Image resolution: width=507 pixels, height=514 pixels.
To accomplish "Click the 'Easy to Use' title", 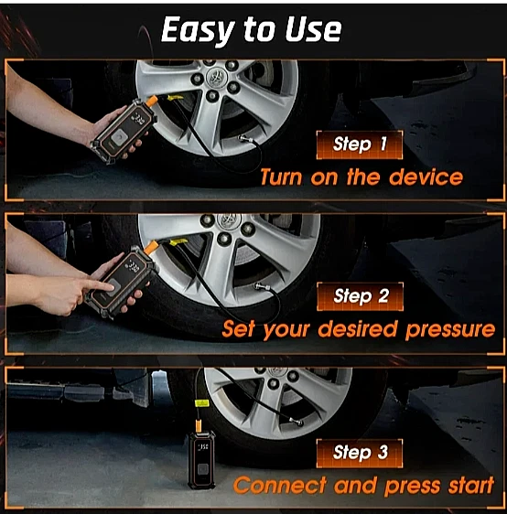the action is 251,30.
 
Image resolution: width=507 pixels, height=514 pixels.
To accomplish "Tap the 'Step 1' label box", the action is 360,145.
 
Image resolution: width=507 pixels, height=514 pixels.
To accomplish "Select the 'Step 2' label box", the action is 360,296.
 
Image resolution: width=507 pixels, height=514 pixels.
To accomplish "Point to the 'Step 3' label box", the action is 360,454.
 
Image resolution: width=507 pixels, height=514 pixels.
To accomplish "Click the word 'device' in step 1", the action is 426,177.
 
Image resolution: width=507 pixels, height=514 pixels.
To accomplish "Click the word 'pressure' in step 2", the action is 450,330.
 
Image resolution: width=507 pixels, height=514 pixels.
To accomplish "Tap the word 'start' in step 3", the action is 471,485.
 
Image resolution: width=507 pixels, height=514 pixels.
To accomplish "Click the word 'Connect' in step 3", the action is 280,485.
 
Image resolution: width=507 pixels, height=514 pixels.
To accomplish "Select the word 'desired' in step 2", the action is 358,329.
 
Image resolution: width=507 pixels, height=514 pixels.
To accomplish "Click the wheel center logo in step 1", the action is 217,78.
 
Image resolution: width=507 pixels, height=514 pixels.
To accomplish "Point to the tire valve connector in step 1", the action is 245,139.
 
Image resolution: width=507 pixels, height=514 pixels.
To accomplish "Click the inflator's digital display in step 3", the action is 203,446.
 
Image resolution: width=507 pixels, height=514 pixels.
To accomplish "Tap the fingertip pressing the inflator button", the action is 112,287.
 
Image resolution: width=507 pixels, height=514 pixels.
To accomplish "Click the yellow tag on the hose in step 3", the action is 201,402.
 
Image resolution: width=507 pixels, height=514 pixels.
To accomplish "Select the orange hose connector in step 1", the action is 152,101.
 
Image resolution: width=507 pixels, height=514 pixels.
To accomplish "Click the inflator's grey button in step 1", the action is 119,135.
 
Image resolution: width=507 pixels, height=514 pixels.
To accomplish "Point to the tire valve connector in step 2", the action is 262,287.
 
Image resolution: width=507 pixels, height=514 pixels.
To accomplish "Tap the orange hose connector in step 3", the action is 198,425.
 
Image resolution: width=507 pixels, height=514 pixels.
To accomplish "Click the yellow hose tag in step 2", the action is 178,242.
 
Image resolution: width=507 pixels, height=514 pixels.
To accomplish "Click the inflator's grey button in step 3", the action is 202,470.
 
